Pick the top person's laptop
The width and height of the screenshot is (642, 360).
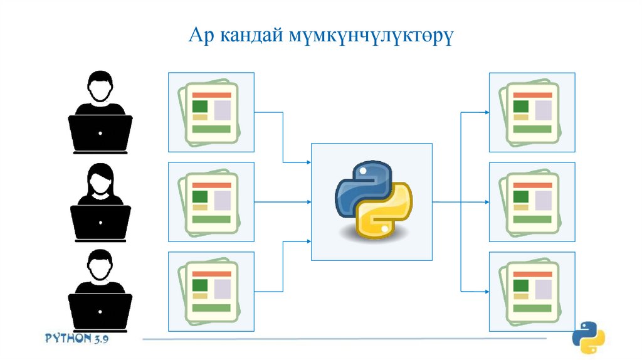pos(100,134)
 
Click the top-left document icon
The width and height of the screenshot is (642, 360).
pos(211,112)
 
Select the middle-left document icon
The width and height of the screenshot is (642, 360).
pos(211,201)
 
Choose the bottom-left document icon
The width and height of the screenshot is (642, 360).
pos(211,291)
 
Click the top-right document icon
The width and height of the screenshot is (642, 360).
pos(532,112)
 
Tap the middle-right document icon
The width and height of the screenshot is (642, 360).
pos(532,201)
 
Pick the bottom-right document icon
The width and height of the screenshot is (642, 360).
pos(532,291)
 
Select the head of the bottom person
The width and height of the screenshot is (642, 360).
pos(100,265)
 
